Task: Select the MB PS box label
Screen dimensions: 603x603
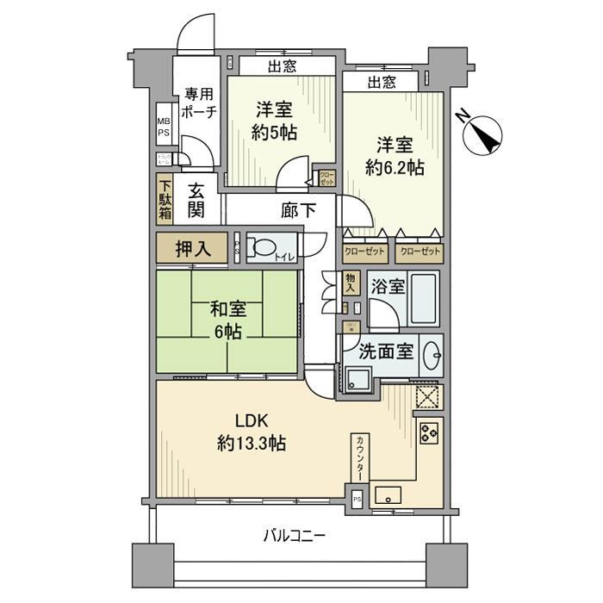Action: [163, 127]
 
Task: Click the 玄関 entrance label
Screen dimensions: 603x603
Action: [197, 201]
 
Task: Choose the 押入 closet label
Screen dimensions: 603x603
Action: [191, 249]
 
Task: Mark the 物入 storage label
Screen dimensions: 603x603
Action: [350, 282]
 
